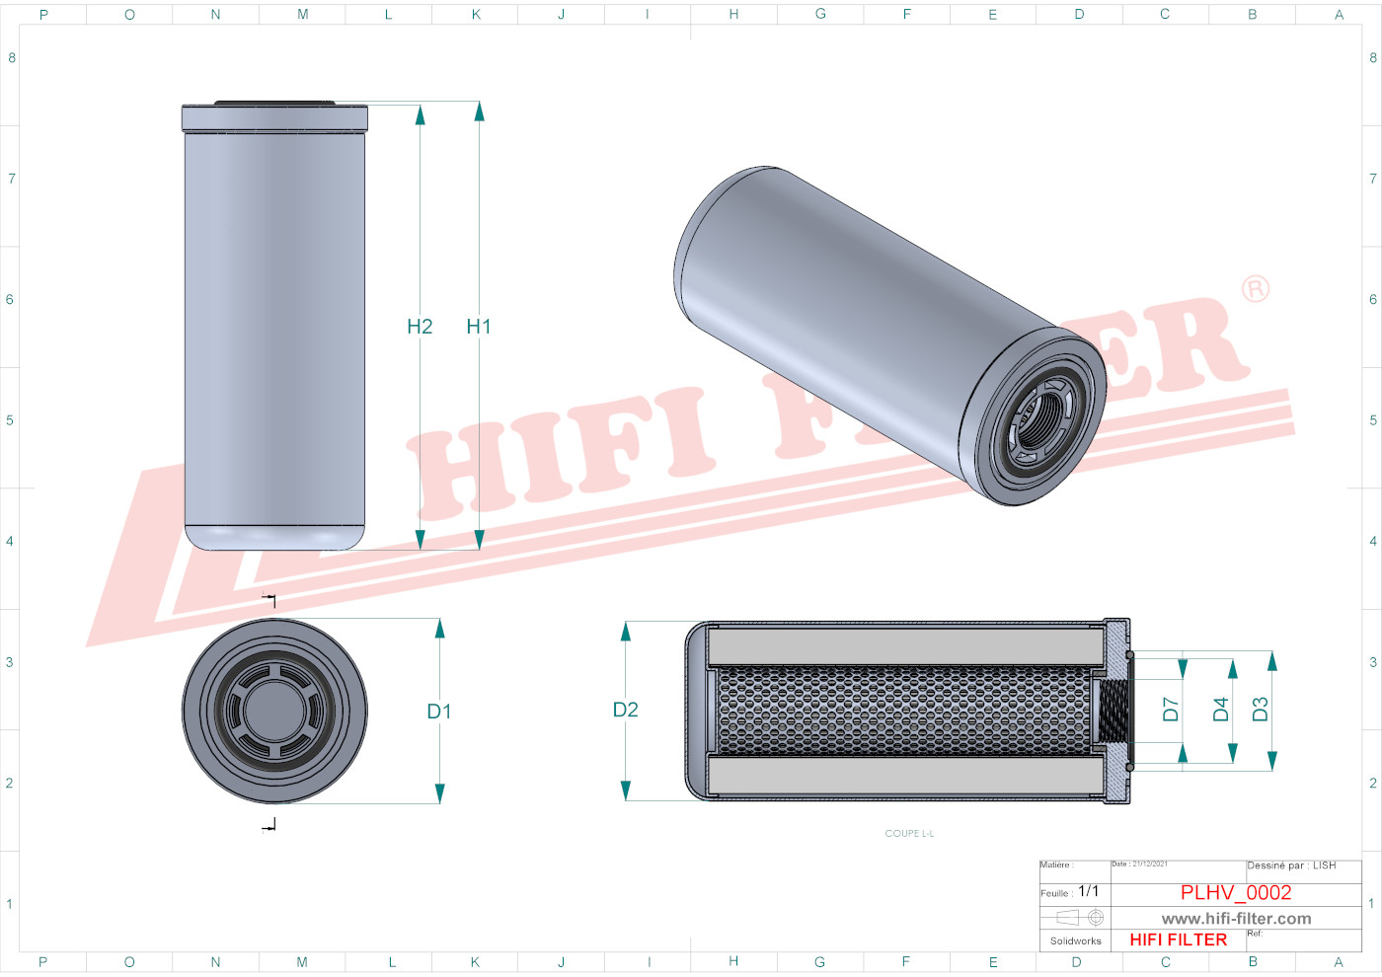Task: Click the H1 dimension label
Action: coord(479,327)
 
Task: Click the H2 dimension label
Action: coord(420,327)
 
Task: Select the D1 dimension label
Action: coord(439,712)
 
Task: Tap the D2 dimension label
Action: coord(626,710)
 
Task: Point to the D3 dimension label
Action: coord(1261,710)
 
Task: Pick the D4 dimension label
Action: coord(1221,710)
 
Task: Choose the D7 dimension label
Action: coord(1171,710)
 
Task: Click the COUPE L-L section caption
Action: coord(909,834)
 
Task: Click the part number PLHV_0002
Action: coord(1236,892)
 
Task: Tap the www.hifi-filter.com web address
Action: coord(1236,919)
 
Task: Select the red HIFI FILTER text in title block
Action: coord(1179,939)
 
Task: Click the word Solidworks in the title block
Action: coord(1075,941)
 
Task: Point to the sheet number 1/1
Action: coord(1088,891)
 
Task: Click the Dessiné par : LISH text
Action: coord(1291,865)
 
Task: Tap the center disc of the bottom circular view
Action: coord(274,711)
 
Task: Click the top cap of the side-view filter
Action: coord(274,117)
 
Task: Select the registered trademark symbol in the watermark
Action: coord(1255,289)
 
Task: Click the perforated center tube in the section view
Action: coord(903,711)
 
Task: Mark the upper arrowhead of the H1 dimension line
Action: coord(479,111)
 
